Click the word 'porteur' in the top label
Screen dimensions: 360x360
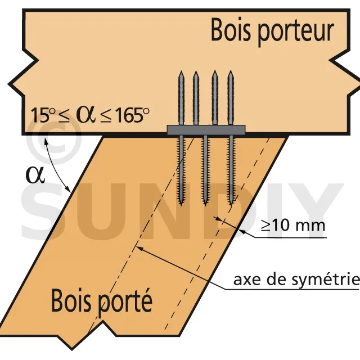point(296,32)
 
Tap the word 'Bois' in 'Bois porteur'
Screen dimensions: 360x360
point(231,30)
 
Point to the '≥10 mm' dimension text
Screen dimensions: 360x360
point(293,225)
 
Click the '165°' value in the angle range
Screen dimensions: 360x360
point(132,115)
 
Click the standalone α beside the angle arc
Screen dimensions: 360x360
point(35,175)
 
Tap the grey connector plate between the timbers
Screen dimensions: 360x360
point(206,130)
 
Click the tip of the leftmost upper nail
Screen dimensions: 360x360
point(181,71)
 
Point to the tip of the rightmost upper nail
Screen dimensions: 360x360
point(231,71)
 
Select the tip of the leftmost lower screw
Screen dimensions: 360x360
point(181,205)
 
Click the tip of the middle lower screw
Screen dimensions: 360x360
point(205,205)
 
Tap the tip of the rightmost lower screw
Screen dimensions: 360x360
point(230,205)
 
